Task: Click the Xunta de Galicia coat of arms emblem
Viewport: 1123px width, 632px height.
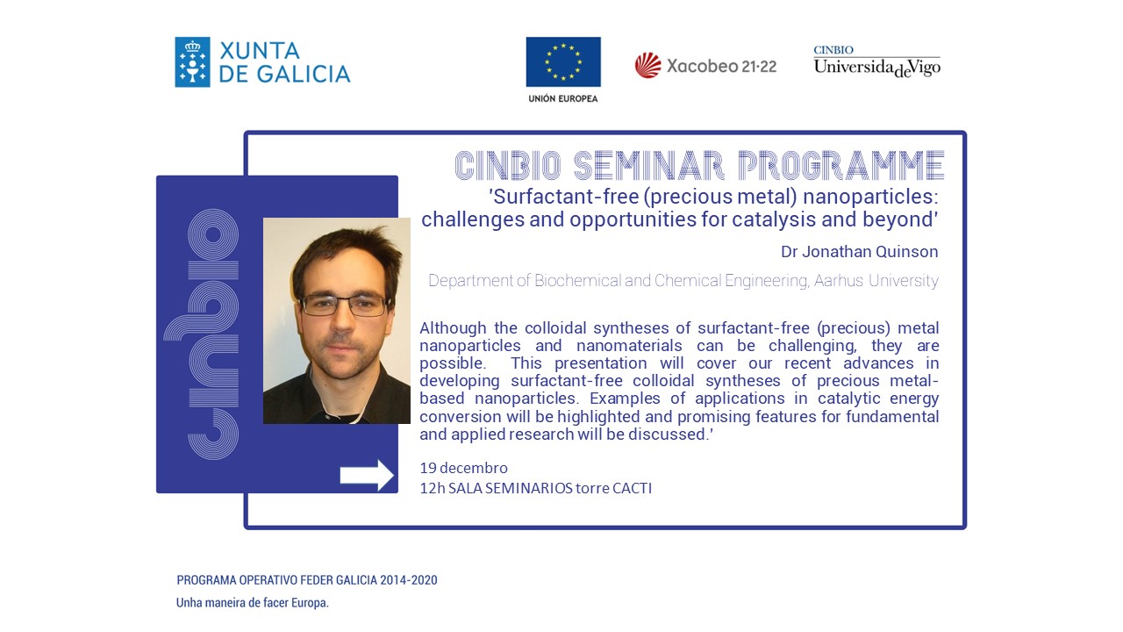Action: coord(192,62)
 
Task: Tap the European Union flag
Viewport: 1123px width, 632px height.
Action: coord(563,61)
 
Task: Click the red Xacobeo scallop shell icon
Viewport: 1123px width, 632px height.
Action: coord(647,66)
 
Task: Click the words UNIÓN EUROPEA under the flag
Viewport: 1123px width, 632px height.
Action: coord(563,99)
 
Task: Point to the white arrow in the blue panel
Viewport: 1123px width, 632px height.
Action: coord(367,475)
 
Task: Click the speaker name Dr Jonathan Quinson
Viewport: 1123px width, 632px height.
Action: coord(859,251)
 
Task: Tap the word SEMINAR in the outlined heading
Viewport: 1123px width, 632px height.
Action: coord(648,165)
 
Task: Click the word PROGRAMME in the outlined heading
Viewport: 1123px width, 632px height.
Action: coord(840,165)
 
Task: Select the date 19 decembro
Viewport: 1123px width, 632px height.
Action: coord(464,468)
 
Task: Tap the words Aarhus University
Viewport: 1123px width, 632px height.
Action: coord(876,280)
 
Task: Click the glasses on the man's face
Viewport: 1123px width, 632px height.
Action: coord(344,305)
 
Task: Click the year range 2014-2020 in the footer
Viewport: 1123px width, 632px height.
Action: coord(409,580)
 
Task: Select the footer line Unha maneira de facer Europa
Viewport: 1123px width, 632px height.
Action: coord(252,602)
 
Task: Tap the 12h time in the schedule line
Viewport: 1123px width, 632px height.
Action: coord(433,488)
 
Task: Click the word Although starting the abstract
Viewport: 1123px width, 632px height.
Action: coord(453,328)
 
